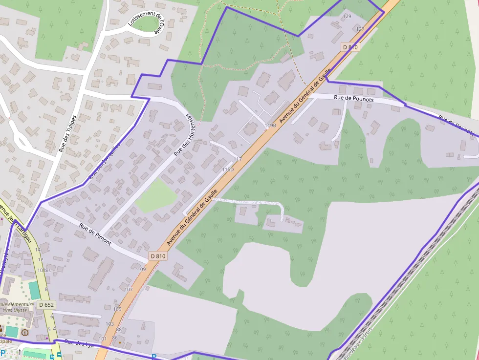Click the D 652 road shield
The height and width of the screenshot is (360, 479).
click(46, 305)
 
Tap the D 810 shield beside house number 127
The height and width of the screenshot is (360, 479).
click(350, 47)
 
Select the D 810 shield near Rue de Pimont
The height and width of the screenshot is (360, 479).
click(158, 256)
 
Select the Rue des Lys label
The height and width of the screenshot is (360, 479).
click(79, 343)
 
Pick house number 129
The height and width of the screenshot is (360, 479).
click(348, 17)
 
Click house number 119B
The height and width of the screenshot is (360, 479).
click(270, 126)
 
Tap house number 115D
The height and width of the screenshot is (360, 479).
click(228, 169)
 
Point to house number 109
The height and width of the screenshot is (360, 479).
click(142, 269)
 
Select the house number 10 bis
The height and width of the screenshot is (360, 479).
click(44, 270)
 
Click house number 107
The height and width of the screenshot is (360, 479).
click(129, 290)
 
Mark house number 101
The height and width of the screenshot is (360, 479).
click(102, 339)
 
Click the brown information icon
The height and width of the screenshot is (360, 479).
click(25, 333)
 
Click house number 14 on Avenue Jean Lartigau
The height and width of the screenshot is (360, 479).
click(38, 250)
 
